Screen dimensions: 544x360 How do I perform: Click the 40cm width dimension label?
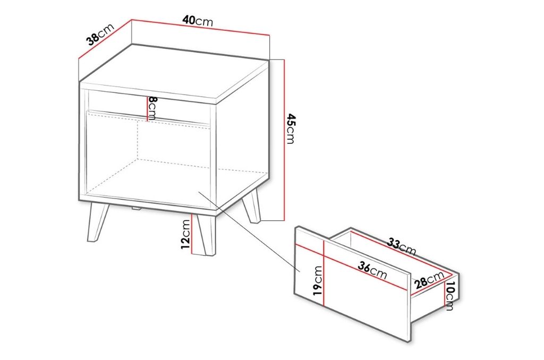pyautogui.click(x=198, y=21)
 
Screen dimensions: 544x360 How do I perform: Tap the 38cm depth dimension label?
pyautogui.click(x=100, y=35)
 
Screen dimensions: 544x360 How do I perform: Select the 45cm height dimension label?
pyautogui.click(x=291, y=128)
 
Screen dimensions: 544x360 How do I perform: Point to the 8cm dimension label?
pyautogui.click(x=152, y=108)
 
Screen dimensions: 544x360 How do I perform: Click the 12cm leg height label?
pyautogui.click(x=185, y=235)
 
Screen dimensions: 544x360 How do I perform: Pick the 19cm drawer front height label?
pyautogui.click(x=317, y=280)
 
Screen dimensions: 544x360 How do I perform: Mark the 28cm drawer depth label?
pyautogui.click(x=429, y=279)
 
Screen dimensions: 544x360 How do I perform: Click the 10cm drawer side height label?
pyautogui.click(x=449, y=296)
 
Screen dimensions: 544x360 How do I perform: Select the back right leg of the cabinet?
pyautogui.click(x=251, y=207)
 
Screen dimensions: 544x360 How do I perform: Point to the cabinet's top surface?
pyautogui.click(x=174, y=73)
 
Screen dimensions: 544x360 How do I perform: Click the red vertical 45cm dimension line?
pyautogui.click(x=284, y=140)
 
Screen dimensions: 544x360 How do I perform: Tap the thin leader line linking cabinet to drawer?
pyautogui.click(x=249, y=231)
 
